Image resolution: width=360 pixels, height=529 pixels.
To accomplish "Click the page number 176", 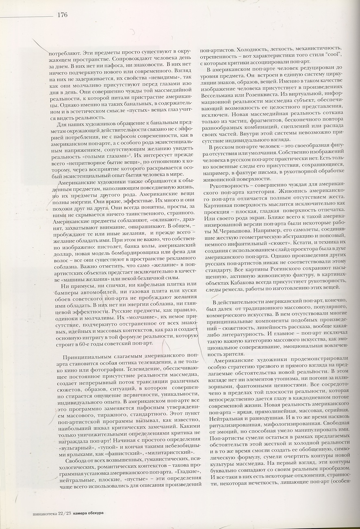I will coord(62,15).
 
